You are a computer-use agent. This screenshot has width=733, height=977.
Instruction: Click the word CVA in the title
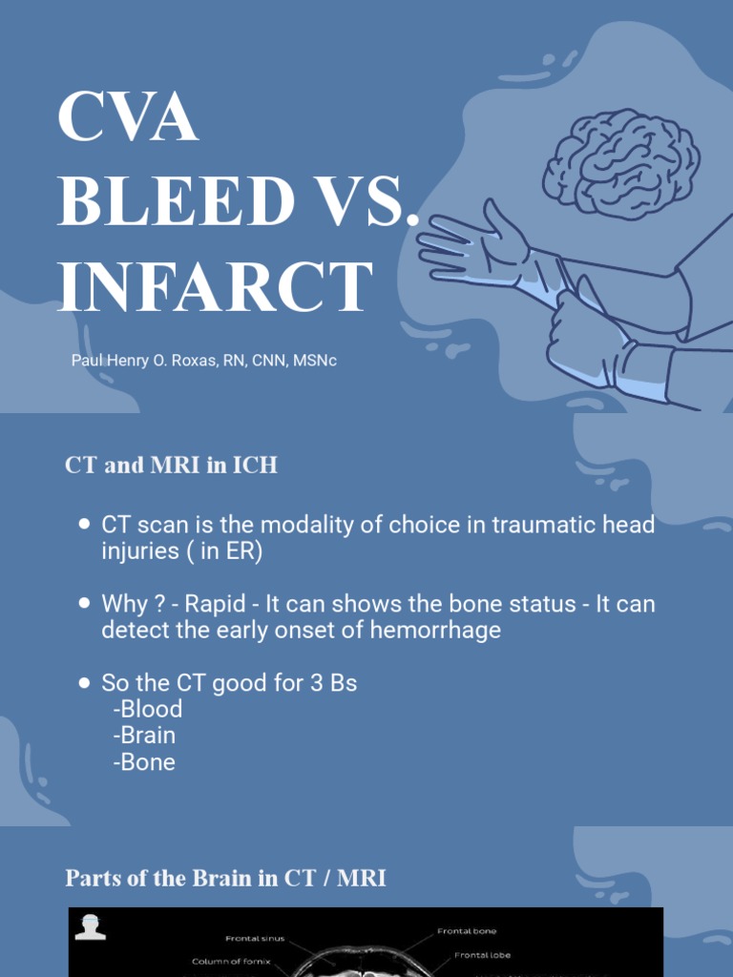pos(127,118)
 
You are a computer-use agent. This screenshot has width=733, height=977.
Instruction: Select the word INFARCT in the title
pos(214,285)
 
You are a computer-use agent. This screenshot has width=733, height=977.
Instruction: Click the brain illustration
pos(620,163)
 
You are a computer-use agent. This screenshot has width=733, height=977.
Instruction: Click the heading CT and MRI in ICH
pos(171,466)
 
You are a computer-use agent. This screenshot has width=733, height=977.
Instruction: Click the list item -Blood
pos(147,709)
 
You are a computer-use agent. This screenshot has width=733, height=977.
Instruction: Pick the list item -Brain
pos(144,736)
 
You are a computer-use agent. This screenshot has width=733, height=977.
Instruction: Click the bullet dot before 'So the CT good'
pos(84,683)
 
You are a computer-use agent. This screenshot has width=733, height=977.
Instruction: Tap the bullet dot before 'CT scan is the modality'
pos(84,525)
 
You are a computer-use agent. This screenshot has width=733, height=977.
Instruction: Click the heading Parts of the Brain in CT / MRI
pos(225,878)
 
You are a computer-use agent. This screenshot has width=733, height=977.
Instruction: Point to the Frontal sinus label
pos(255,939)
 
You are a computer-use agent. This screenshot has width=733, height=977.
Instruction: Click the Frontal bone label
pos(467,931)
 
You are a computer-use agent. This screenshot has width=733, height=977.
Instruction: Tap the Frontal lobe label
pos(484,955)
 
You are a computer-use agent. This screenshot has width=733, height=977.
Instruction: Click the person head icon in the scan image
pos(91,926)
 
